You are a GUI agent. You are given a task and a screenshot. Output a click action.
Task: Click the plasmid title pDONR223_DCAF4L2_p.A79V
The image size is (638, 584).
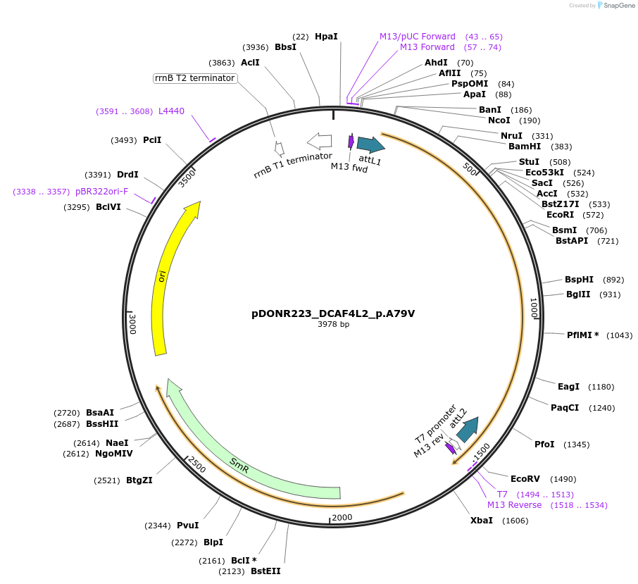pyautogui.click(x=333, y=313)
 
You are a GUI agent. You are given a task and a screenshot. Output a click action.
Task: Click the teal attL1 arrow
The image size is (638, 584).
pyautogui.click(x=370, y=145)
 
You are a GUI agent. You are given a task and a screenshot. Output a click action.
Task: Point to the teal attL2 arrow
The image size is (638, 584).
pyautogui.click(x=468, y=429)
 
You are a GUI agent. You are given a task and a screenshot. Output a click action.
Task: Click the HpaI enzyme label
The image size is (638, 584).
pyautogui.click(x=326, y=36)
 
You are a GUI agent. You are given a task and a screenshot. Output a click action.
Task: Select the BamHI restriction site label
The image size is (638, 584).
pyautogui.click(x=525, y=147)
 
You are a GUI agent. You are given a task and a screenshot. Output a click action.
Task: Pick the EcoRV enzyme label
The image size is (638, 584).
pyautogui.click(x=525, y=479)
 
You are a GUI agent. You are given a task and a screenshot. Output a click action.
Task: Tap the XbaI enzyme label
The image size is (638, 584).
pyautogui.click(x=482, y=521)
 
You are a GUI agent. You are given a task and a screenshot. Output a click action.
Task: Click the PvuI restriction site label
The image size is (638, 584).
pyautogui.click(x=187, y=526)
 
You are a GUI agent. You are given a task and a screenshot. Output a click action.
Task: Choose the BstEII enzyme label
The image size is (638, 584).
pyautogui.click(x=265, y=571)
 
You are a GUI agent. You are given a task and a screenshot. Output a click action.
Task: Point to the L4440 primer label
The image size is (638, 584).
pyautogui.click(x=171, y=111)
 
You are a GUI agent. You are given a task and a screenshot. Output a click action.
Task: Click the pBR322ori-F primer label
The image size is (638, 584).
pyautogui.click(x=102, y=192)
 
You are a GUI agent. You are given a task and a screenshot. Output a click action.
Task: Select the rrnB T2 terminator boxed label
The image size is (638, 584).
pyautogui.click(x=195, y=78)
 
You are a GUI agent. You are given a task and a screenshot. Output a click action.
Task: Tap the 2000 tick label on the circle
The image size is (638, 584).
pyautogui.click(x=342, y=518)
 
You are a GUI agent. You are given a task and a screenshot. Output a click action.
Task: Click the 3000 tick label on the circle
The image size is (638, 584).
pyautogui.click(x=133, y=323)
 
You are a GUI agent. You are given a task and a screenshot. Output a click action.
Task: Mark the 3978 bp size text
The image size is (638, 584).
pyautogui.click(x=333, y=325)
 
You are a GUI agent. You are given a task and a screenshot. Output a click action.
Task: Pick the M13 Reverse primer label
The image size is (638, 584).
pyautogui.click(x=515, y=505)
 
